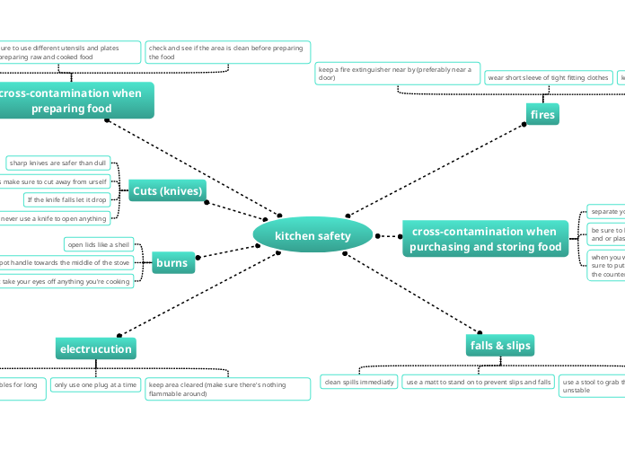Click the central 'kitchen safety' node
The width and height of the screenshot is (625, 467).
(x=312, y=235)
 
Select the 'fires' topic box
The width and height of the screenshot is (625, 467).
(x=542, y=115)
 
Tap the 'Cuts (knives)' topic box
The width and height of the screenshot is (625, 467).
(x=168, y=190)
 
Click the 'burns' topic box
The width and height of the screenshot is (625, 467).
(x=172, y=263)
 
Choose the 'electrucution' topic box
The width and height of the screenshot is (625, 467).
(x=95, y=348)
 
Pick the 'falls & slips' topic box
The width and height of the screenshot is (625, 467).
(x=500, y=345)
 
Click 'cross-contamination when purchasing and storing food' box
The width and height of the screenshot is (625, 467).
(x=485, y=239)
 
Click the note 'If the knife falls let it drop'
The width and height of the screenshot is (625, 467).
(x=67, y=199)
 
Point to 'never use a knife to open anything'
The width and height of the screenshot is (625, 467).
(x=56, y=218)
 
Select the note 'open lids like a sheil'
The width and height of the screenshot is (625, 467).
(x=99, y=244)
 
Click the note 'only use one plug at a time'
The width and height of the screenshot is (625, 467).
(x=95, y=384)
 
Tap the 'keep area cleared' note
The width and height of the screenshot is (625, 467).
(x=228, y=389)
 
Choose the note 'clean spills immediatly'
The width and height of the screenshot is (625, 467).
(x=358, y=382)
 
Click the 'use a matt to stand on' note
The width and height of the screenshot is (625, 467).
(x=478, y=382)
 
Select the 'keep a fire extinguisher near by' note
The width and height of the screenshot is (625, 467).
(x=397, y=74)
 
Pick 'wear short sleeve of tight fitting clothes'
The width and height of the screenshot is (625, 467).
(x=548, y=78)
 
